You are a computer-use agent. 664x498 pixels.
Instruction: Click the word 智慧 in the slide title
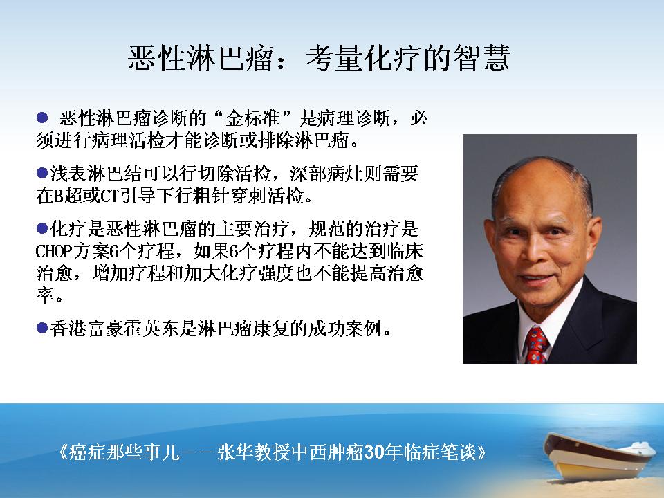pos(481,57)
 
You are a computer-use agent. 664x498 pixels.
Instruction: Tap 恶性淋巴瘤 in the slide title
pos(201,57)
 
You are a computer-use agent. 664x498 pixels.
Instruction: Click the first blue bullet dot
pos(42,118)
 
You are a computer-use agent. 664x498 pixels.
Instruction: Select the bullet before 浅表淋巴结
pos(42,173)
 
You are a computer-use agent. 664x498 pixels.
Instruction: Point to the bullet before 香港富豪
pos(42,328)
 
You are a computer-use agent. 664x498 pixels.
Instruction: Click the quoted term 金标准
pos(253,118)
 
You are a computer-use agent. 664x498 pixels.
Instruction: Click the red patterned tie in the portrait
pos(537,345)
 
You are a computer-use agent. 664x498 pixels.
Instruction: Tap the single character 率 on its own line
pos(44,295)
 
